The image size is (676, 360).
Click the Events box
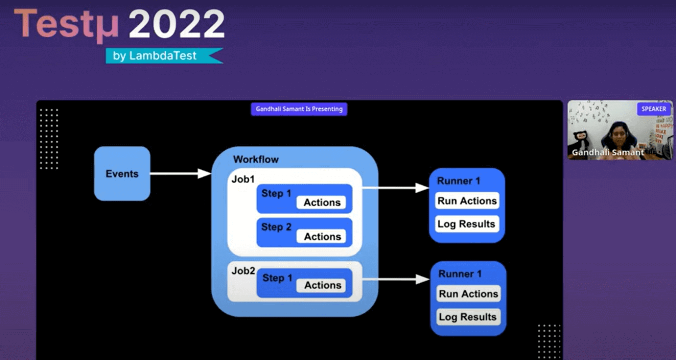122,173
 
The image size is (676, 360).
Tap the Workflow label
256,159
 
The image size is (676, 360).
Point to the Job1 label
243,179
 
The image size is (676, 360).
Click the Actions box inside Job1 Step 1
322,202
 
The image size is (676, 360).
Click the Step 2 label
276,227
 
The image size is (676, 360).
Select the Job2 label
243,271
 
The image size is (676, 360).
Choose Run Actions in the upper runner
467,201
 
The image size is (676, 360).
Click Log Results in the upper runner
466,224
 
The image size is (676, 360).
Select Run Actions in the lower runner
468,294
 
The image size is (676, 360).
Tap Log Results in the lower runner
468,317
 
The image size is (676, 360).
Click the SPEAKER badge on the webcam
653,109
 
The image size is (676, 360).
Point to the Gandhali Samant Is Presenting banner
299,109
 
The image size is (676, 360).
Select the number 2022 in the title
177,24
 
